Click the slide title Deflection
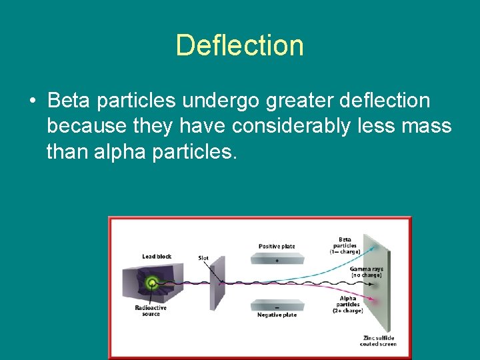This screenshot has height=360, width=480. coord(239,45)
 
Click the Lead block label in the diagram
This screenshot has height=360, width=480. coord(157,257)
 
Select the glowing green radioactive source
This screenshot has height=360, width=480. coord(153,283)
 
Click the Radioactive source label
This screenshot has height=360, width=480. coord(151,311)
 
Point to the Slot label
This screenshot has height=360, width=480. coord(203,258)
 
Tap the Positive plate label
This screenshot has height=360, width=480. coord(277,247)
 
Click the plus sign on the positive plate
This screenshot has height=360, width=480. coord(277,261)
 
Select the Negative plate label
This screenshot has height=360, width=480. coord(277,315)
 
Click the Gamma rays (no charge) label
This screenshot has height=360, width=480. coord(365,272)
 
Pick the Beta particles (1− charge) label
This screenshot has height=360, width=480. coord(345,245)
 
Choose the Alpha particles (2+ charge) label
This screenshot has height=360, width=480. coord(347,304)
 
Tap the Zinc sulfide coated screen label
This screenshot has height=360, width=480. coord(378,341)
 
